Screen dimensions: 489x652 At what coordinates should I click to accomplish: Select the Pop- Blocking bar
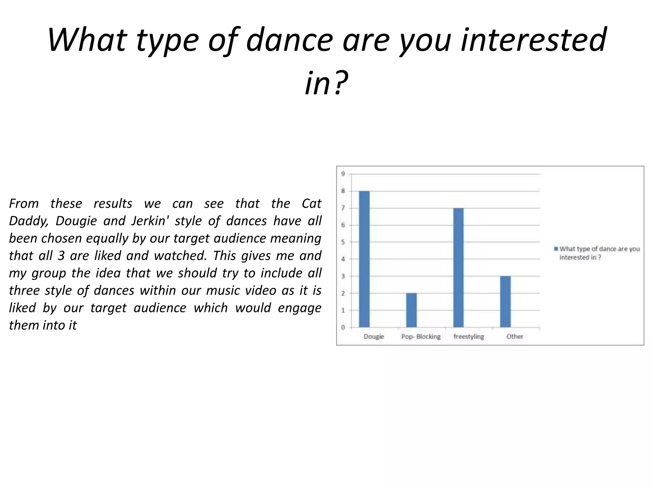tap(411, 310)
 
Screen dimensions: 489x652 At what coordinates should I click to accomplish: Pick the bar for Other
tap(505, 301)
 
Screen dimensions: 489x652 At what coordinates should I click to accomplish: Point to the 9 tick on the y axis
tap(343, 174)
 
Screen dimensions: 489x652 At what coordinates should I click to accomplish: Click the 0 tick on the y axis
tap(343, 327)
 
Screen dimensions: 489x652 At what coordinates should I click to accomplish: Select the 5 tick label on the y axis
tap(343, 242)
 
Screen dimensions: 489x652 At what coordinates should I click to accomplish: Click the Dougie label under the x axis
tap(374, 337)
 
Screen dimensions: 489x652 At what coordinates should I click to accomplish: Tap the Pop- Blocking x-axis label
tap(421, 337)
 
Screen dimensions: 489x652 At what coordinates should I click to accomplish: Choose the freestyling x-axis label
tap(469, 337)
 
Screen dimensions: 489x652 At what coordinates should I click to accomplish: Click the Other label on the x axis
tap(515, 337)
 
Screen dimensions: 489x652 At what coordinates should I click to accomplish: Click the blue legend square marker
tap(556, 249)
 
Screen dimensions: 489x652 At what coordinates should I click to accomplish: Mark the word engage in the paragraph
tap(300, 308)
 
